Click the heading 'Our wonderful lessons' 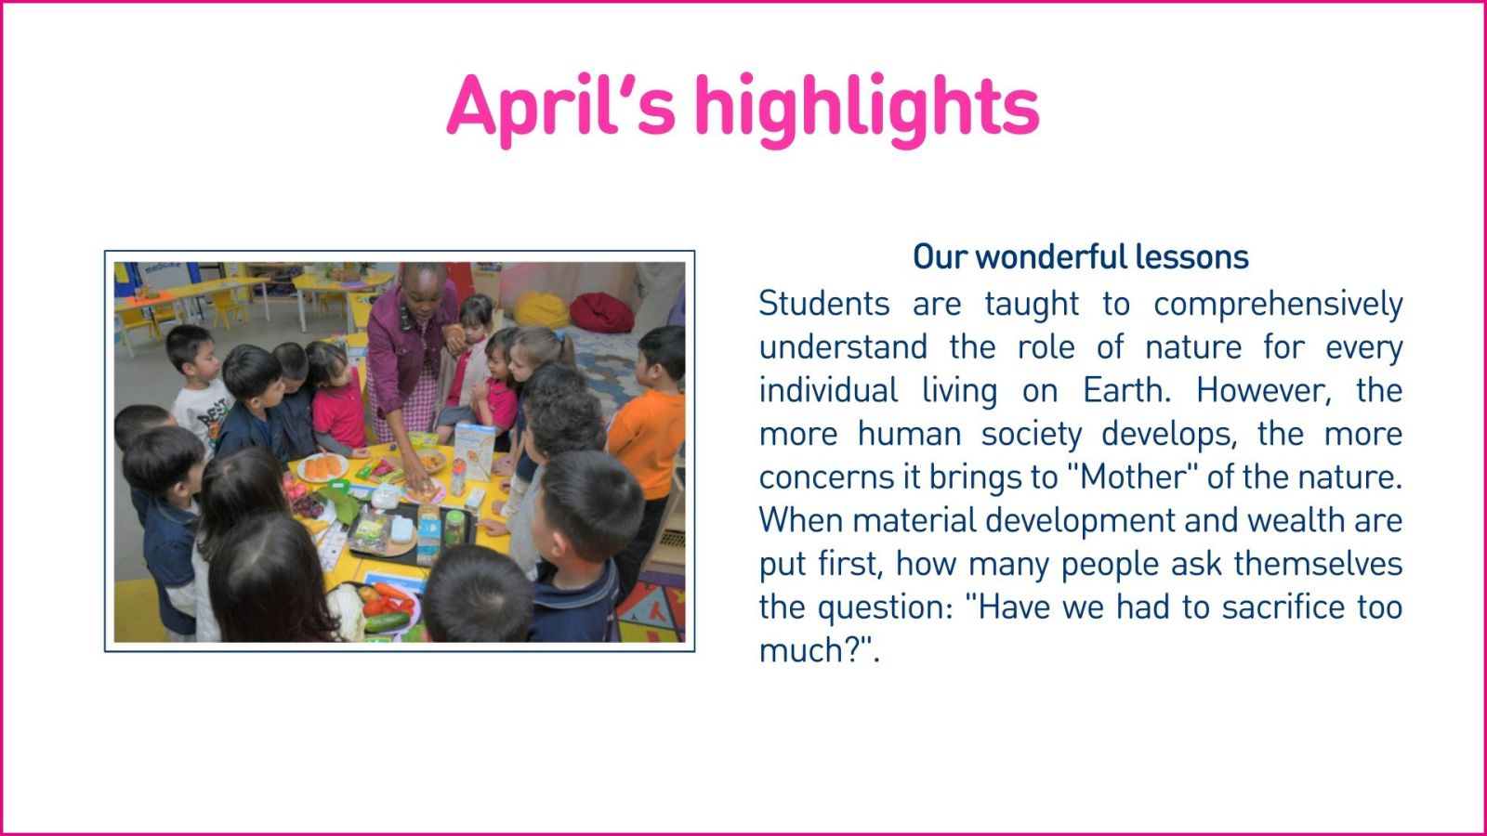tap(1081, 256)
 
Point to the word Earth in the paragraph tap(1126, 390)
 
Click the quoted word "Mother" tap(1133, 477)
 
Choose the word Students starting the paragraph tap(823, 304)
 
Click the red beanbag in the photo tap(600, 312)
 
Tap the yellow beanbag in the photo tap(542, 310)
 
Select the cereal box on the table tap(474, 451)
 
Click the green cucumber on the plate tap(387, 621)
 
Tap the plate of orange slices tap(322, 467)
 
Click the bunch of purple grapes tap(308, 506)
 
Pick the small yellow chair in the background tap(229, 308)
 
